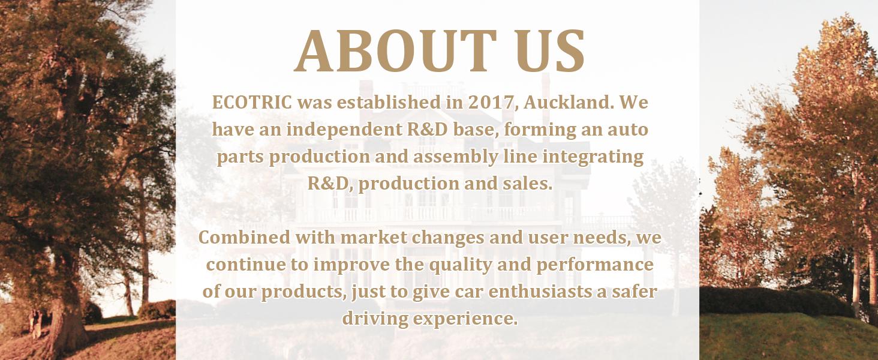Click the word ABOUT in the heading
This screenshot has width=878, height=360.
point(395,51)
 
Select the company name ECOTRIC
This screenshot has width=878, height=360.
point(252,103)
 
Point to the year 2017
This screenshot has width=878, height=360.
point(491,103)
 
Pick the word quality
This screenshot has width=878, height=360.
point(460,265)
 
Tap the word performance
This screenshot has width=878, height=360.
point(594,265)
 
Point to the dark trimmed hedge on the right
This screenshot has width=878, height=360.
point(774,301)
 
